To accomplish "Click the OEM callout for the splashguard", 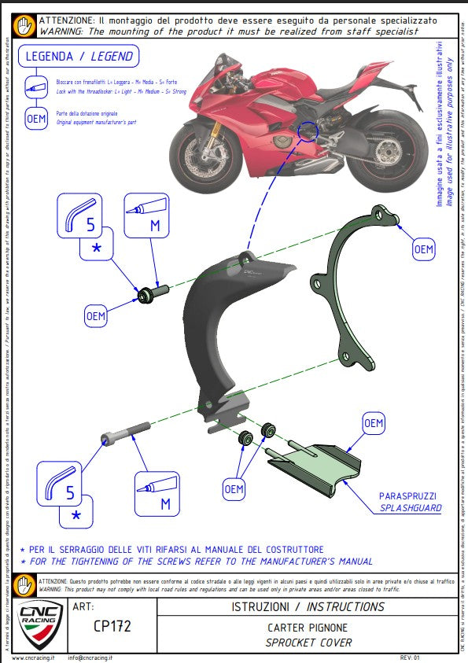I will point(374,423).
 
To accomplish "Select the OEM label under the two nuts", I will point(234,489).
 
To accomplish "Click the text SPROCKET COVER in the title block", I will point(308,643).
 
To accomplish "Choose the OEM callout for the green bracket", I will point(423,250).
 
